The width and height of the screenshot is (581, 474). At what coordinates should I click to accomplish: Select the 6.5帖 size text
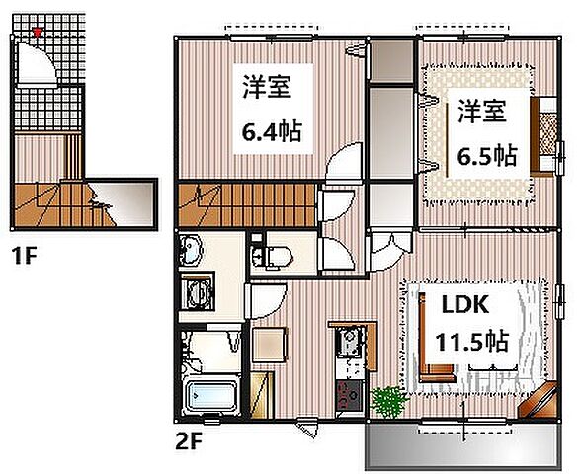[485, 155]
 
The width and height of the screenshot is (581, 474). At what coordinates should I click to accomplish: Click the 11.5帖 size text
[472, 342]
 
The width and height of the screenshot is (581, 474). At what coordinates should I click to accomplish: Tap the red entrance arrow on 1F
[38, 33]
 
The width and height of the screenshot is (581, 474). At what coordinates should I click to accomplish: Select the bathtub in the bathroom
[210, 398]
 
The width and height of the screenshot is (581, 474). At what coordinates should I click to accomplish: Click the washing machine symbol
[201, 295]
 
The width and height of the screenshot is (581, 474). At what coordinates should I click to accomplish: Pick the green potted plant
[388, 400]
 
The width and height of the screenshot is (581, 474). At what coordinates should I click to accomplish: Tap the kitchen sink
[348, 345]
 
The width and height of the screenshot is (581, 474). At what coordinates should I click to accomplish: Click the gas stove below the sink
[348, 396]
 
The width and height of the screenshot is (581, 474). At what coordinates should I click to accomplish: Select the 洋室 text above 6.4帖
[267, 89]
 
